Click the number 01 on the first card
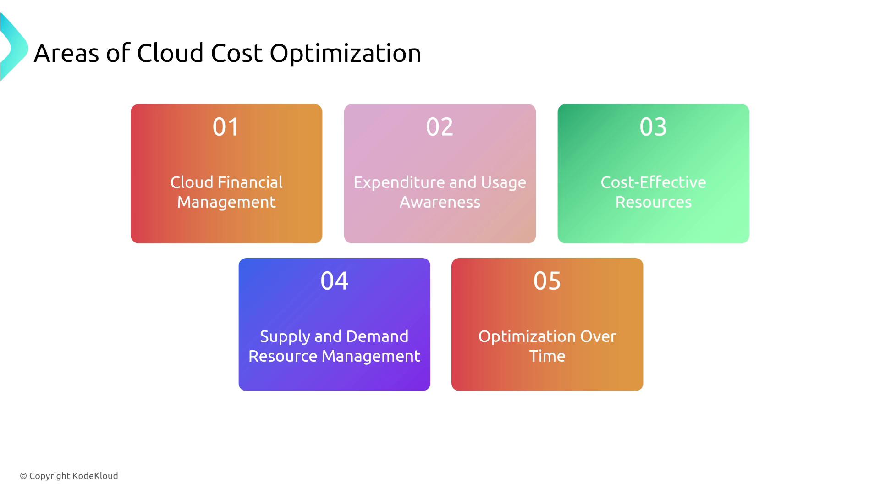coord(226,126)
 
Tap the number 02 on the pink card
coord(440,126)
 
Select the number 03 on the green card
coord(653,126)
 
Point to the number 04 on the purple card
coord(334,280)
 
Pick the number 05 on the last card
coord(547,280)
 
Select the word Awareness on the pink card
coord(440,202)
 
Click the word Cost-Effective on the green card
coord(653,182)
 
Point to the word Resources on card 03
coord(653,202)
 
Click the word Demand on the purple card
coord(377,336)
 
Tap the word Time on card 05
coord(547,356)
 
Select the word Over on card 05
coord(598,336)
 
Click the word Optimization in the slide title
coord(345,54)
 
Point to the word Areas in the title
coord(66,54)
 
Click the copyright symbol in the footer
coord(23,476)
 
